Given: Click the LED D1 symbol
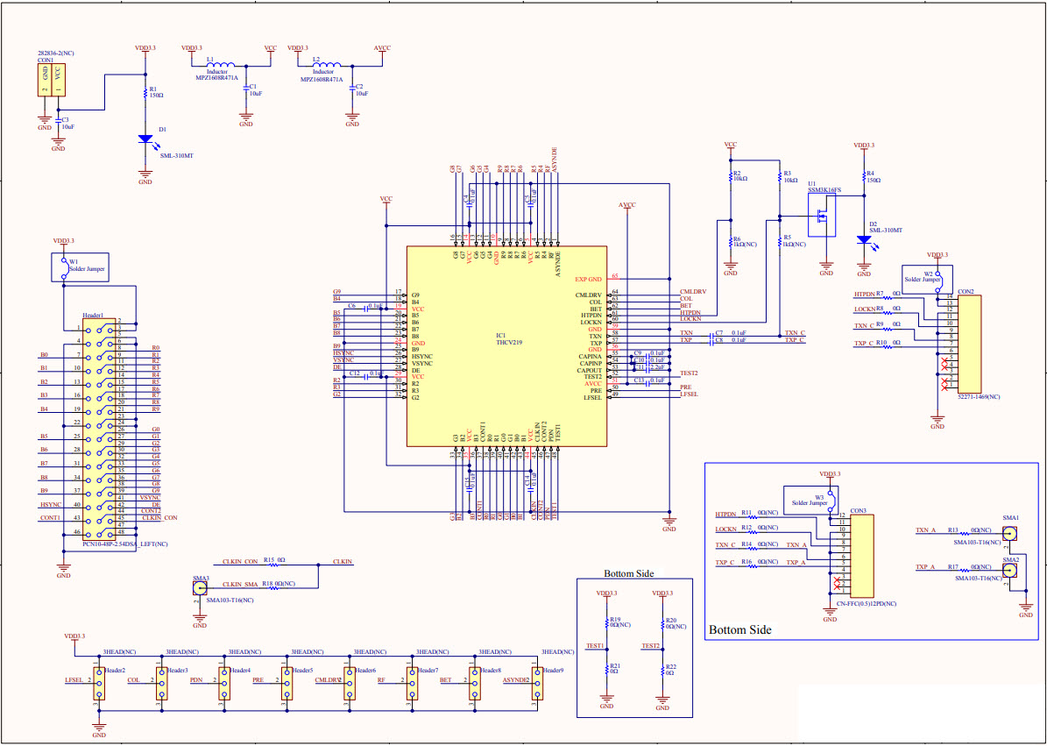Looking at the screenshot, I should [x=145, y=139].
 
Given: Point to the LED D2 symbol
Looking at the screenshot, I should [x=866, y=238].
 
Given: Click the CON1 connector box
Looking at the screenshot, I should [x=51, y=80].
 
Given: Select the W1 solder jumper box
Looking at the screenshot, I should [x=85, y=268].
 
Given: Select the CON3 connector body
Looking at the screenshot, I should [x=860, y=553].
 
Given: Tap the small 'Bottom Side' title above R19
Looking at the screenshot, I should [x=628, y=574].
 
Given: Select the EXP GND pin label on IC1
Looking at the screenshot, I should [x=588, y=280].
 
